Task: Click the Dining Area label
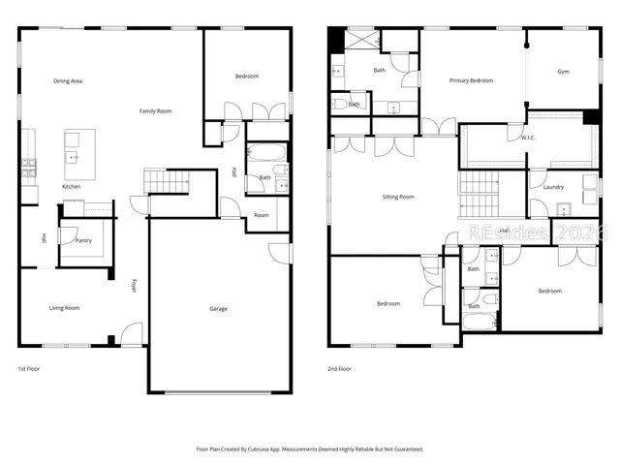68,81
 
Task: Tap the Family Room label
155,111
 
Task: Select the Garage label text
219,309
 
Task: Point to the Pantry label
84,240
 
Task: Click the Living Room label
64,308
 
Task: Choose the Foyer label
134,285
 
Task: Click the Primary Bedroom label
471,80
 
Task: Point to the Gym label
563,72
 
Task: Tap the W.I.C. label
528,138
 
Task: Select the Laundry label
553,187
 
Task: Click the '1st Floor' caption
29,369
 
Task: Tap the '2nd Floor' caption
339,369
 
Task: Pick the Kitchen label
72,186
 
